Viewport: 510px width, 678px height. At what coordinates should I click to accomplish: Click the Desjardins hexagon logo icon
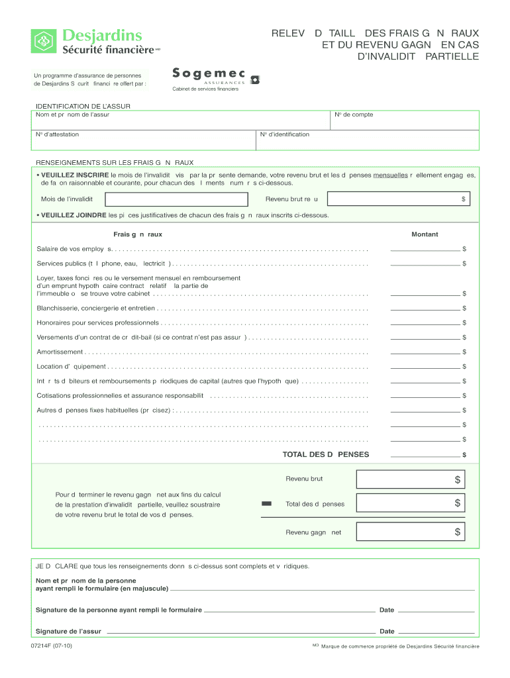(x=44, y=41)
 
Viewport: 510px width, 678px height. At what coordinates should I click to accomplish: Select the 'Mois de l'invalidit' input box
(x=176, y=199)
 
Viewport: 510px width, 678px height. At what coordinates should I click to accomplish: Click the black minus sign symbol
(x=267, y=505)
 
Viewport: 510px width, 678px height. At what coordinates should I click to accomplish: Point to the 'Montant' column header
(x=425, y=234)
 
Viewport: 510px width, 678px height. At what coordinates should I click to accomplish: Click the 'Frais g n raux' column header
(x=138, y=234)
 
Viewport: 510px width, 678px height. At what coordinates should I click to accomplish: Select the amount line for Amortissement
(x=425, y=352)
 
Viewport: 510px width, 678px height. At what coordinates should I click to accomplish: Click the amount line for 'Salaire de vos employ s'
(x=425, y=250)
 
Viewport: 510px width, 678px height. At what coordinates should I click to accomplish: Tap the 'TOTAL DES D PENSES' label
(x=326, y=455)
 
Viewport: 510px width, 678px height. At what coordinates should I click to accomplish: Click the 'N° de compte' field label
(x=354, y=115)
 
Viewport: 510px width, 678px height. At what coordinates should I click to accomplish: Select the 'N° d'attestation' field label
(x=58, y=134)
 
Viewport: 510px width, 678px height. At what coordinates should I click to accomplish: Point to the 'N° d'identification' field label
(x=285, y=134)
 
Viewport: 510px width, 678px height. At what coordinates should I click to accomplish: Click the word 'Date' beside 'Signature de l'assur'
(x=387, y=632)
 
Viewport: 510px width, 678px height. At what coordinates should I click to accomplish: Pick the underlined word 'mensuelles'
(x=390, y=175)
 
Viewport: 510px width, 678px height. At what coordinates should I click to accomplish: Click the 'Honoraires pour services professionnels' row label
(x=97, y=323)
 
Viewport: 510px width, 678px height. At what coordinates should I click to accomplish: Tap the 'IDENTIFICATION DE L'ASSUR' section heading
(x=83, y=106)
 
